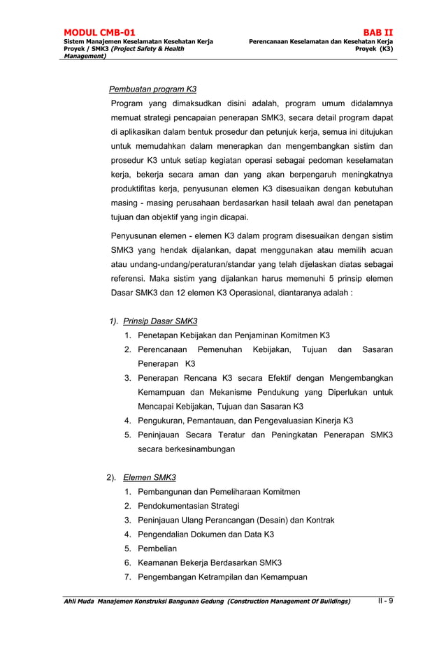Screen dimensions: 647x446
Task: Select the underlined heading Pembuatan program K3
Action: (x=152, y=89)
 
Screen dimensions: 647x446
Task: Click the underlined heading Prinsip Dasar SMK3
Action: (x=160, y=321)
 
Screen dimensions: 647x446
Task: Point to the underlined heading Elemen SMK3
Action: (x=149, y=478)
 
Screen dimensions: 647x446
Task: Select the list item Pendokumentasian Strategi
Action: (x=188, y=506)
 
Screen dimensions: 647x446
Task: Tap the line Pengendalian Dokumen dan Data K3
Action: (x=206, y=535)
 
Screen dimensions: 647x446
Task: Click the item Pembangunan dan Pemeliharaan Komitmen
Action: (x=219, y=492)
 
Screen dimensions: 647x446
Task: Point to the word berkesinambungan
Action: (x=186, y=449)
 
